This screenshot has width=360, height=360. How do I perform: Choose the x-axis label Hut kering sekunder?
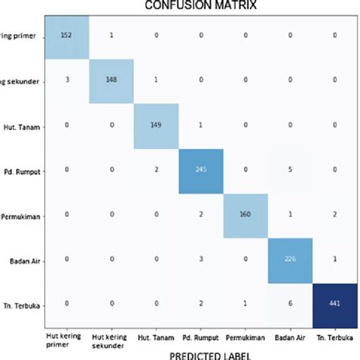[112, 338]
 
